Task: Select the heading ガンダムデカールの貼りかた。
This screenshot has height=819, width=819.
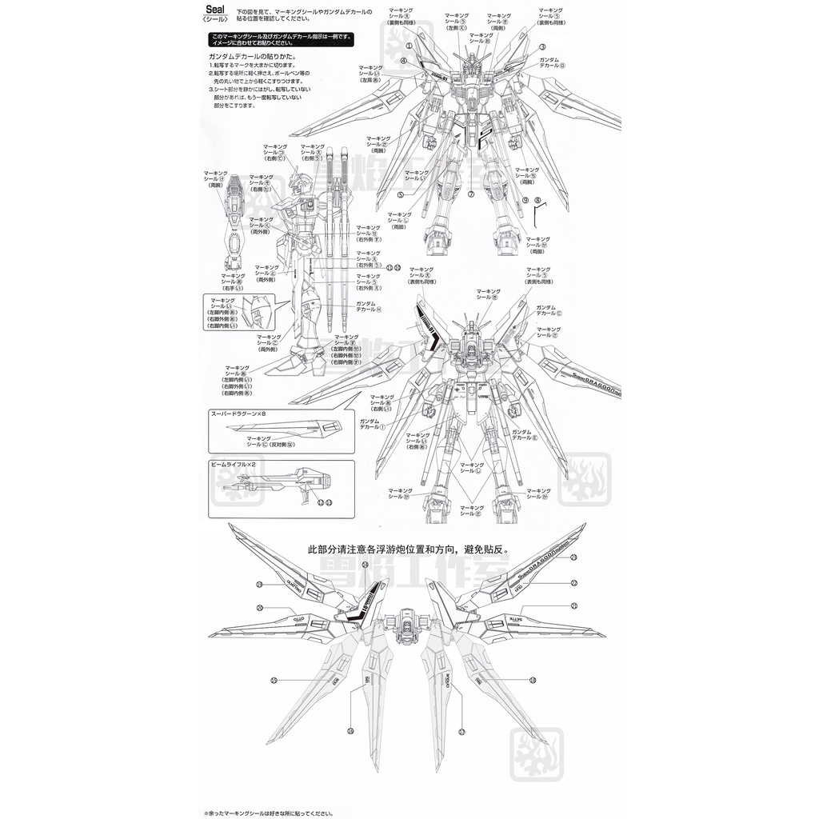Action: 253,58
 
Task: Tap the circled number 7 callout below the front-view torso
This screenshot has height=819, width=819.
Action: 472,194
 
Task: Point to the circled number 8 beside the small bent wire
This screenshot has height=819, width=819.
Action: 537,200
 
